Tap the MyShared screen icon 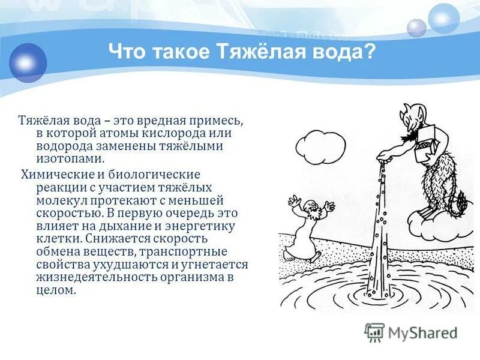coord(375,332)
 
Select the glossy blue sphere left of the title coord(28,62)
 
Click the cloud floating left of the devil coord(322,143)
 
